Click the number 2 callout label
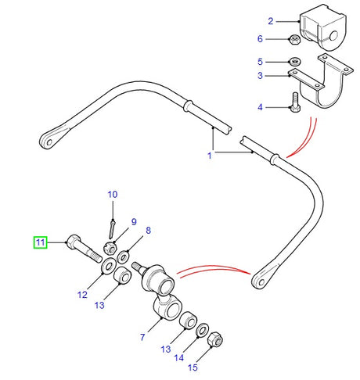tap(270, 21)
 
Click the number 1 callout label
tap(209, 156)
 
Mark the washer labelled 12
tap(105, 270)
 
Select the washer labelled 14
tap(202, 330)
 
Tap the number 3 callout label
tap(270, 76)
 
